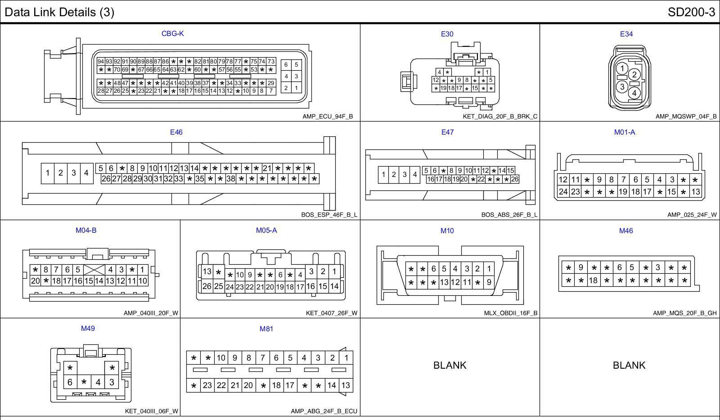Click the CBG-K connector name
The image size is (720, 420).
[x=172, y=33]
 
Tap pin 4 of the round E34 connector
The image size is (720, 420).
[x=634, y=93]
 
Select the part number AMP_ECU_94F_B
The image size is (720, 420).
[x=328, y=117]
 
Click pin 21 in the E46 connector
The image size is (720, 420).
[x=267, y=168]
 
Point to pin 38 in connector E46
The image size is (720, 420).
[x=231, y=179]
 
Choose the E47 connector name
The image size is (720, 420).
[x=447, y=132]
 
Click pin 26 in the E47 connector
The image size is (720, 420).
[x=515, y=179]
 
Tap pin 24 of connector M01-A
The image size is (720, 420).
[x=563, y=191]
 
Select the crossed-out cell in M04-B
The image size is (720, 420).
[x=94, y=270]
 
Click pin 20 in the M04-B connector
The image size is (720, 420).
[x=35, y=281]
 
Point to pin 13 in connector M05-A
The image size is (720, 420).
[x=207, y=271]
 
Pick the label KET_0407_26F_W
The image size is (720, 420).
[x=332, y=313]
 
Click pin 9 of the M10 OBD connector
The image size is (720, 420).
[x=489, y=283]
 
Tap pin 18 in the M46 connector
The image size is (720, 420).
[x=593, y=280]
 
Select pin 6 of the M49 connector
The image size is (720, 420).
[x=70, y=382]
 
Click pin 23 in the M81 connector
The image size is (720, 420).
[x=207, y=385]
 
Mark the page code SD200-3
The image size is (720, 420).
[x=691, y=12]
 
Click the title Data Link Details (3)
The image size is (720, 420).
[x=59, y=12]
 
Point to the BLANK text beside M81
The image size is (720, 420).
[x=450, y=365]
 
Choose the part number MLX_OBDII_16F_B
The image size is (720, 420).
[x=511, y=313]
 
